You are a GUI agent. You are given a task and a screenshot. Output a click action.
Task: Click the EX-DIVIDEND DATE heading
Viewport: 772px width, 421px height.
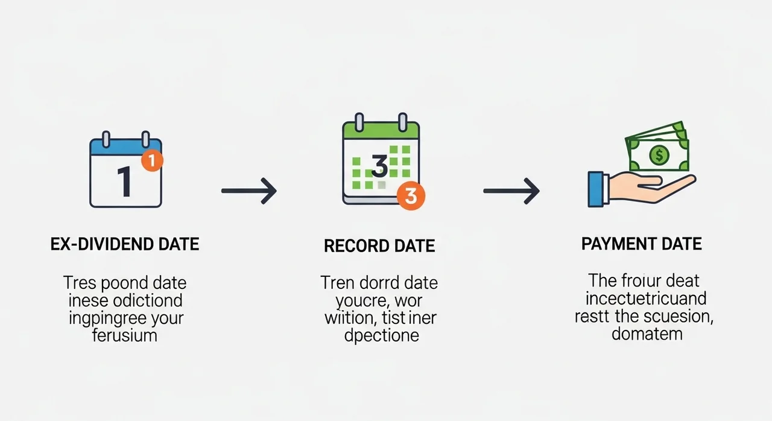(124, 244)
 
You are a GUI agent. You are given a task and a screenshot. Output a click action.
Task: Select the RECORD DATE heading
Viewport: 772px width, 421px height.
(379, 246)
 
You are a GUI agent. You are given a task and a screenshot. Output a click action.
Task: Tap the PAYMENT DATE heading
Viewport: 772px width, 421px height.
(641, 244)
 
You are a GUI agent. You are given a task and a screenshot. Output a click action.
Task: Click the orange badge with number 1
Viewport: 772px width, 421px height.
(152, 160)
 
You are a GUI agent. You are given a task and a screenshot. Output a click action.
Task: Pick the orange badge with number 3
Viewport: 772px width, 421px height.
(411, 197)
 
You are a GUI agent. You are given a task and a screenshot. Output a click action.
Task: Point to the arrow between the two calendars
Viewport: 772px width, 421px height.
(248, 191)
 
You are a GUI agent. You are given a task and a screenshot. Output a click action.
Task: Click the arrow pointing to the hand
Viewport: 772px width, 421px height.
(511, 191)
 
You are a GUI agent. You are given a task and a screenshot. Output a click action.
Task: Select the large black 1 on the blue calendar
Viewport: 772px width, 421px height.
(124, 182)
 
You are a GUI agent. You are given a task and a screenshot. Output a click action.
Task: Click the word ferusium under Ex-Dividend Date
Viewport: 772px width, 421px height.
(125, 335)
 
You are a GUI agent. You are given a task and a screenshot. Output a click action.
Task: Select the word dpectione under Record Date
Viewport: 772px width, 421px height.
(381, 335)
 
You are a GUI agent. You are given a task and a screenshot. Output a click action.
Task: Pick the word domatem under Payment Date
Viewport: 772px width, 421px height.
(647, 333)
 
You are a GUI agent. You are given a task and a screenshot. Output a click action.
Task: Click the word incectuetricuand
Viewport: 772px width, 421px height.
(646, 298)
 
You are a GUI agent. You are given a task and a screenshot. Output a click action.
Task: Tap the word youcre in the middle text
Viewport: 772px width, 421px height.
(356, 300)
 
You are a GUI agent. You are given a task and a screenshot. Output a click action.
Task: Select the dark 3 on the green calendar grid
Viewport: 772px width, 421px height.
(379, 166)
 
